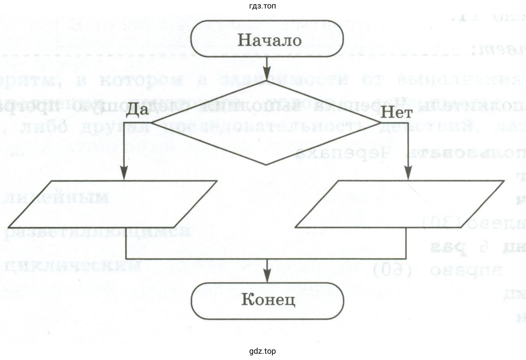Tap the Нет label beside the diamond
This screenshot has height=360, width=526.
(x=396, y=113)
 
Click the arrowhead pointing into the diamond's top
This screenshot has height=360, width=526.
(x=267, y=75)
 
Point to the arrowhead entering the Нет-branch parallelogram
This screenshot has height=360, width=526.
(x=407, y=175)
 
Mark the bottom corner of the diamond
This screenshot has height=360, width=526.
(x=267, y=165)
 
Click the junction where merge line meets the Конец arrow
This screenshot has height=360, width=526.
(x=267, y=258)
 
